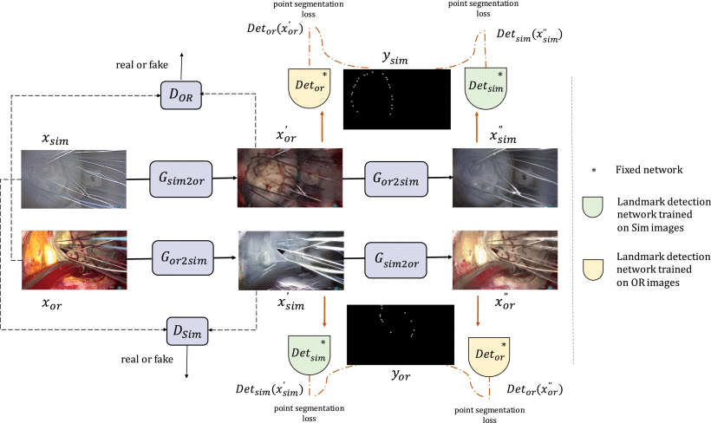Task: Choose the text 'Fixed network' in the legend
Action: tap(642, 170)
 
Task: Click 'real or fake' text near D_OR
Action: tap(141, 66)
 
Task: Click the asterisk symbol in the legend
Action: tap(591, 170)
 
